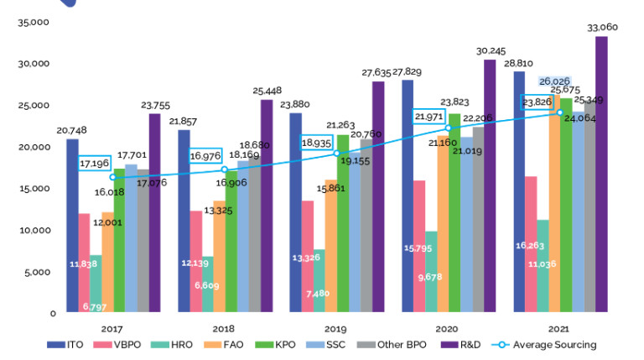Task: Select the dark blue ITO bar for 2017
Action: point(73,226)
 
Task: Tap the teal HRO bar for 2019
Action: point(319,281)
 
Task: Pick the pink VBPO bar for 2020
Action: point(418,247)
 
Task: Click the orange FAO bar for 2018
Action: point(219,257)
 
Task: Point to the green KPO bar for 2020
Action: point(454,213)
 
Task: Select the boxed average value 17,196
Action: point(96,163)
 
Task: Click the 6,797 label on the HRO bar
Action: point(95,306)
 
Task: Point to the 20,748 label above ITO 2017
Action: point(72,130)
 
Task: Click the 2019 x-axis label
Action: point(336,329)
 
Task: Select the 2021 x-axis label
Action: point(560,329)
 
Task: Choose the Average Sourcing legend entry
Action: point(559,344)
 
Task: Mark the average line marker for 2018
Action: point(224,170)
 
